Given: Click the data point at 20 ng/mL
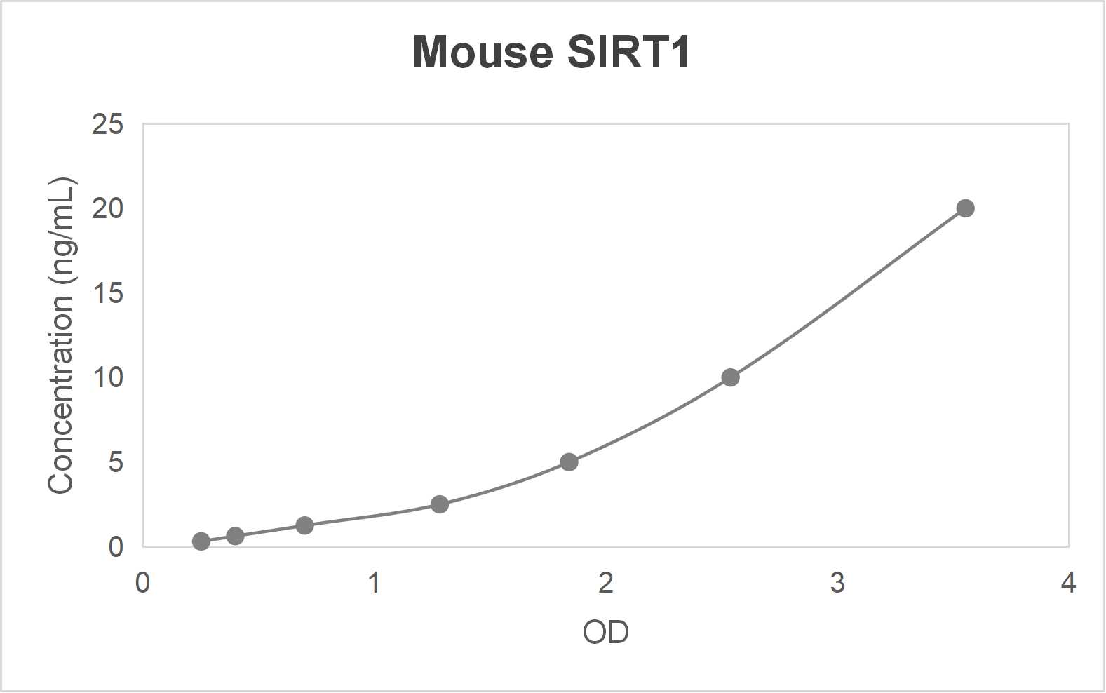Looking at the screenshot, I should (965, 208).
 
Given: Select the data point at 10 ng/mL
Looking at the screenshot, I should (730, 377).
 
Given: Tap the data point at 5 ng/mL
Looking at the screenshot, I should (569, 462).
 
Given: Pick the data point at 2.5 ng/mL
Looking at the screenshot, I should (440, 504).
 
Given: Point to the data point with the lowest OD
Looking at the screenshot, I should (201, 541).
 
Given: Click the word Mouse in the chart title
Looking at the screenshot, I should (483, 52).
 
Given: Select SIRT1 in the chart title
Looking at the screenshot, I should (629, 52).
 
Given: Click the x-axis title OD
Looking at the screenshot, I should (605, 633).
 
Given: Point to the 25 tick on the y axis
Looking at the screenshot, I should (107, 124).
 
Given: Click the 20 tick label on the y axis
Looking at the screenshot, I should (107, 208).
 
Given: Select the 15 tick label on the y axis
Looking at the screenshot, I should (107, 293).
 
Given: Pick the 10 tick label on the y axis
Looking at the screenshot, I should (107, 377).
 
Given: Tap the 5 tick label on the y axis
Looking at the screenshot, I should (115, 462).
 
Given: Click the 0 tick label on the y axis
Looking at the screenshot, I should (115, 547).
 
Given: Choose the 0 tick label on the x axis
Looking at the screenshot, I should (142, 583).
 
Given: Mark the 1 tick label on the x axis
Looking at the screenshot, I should (375, 583).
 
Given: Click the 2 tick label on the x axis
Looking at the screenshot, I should (606, 583).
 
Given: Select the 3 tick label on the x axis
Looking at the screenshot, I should (837, 583).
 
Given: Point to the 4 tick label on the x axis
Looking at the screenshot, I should (1068, 583).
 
